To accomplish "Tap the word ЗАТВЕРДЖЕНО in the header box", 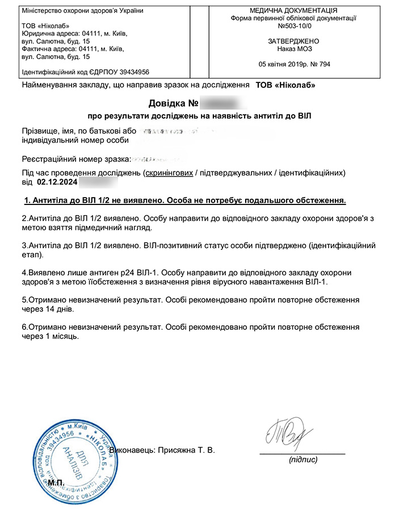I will click(x=293, y=41).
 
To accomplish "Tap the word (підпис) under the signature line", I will click(x=303, y=460).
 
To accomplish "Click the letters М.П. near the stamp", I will click(x=57, y=483).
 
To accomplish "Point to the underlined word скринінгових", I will click(x=169, y=173).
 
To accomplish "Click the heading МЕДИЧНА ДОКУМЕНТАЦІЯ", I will click(x=293, y=11).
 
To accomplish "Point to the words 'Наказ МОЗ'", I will click(x=293, y=49).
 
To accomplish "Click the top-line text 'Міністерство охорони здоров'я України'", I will click(x=82, y=11).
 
